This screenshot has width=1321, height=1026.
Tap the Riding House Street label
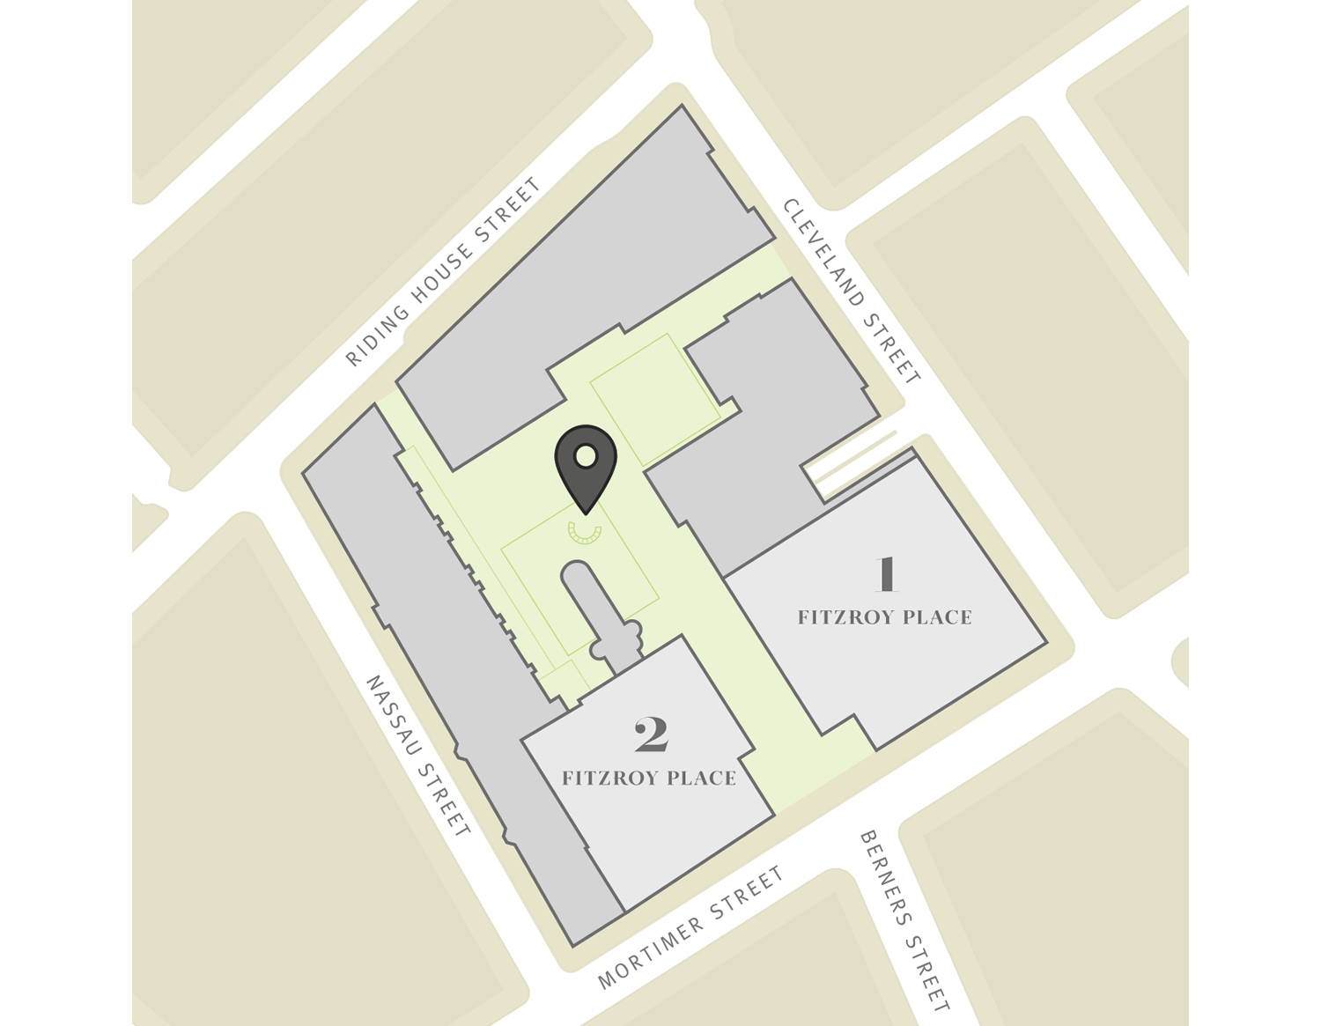pos(443,272)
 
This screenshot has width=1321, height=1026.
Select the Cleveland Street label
pos(852,291)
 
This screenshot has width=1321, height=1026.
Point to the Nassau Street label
pos(418,756)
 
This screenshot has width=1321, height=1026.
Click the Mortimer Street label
pos(690,927)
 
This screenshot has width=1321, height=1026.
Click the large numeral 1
pos(886,574)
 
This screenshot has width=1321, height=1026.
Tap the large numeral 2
pos(651,735)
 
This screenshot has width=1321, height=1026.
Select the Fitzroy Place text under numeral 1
pos(884,617)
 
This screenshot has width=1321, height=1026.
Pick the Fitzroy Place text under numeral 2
pos(649,779)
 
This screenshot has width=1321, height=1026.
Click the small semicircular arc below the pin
pos(584,532)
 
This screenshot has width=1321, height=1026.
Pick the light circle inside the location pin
pos(584,456)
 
